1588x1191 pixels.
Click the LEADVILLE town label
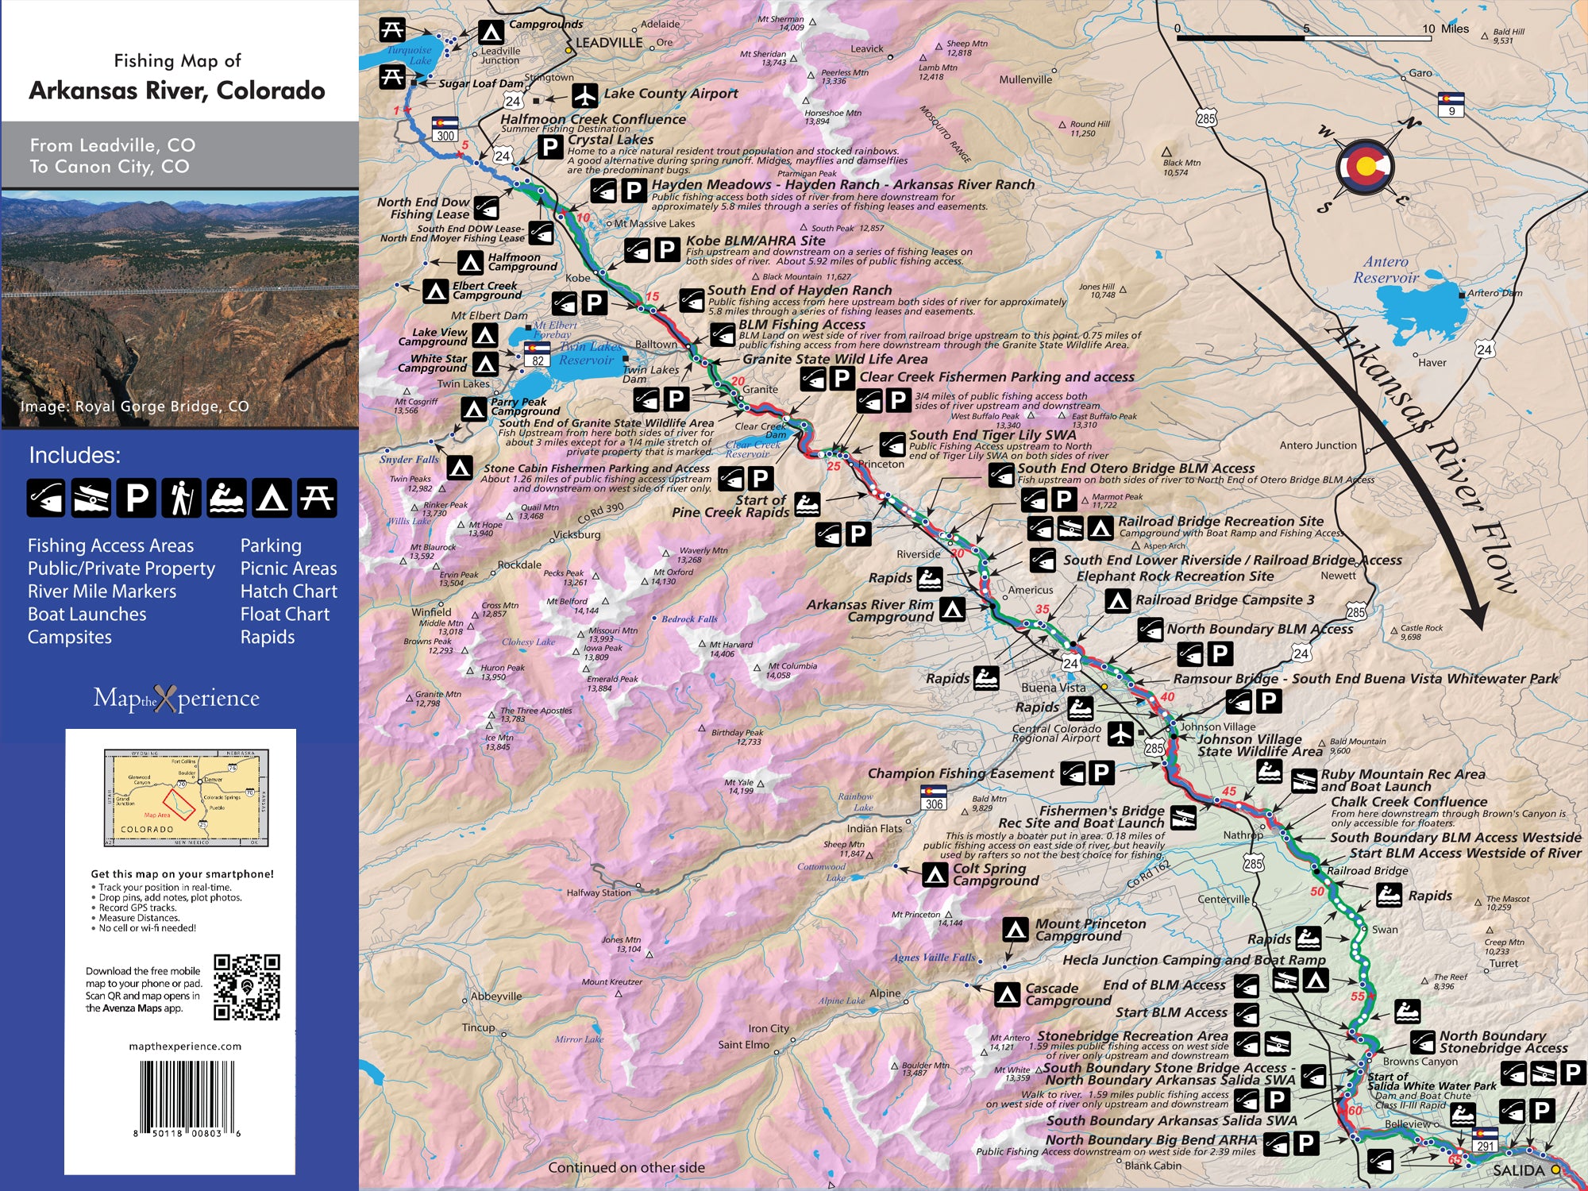click(x=609, y=42)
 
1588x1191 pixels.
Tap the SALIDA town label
click(x=1518, y=1170)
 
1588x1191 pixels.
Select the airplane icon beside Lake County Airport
click(x=585, y=95)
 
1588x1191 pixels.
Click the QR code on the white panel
click(x=247, y=987)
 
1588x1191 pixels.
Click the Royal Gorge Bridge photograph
click(x=179, y=308)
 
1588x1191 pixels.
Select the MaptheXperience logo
click(x=176, y=699)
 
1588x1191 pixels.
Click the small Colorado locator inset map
click(x=187, y=796)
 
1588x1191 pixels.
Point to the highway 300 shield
click(x=445, y=129)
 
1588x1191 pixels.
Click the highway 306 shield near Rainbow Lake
click(x=934, y=798)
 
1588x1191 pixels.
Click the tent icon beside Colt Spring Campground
click(x=935, y=874)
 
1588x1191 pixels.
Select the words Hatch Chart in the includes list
click(x=288, y=592)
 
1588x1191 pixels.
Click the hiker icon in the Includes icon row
click(x=181, y=498)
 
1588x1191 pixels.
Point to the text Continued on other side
click(x=626, y=1167)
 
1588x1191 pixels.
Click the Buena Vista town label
click(x=1053, y=688)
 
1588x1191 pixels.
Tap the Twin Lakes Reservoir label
click(x=589, y=353)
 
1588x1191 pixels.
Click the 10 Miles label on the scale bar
click(x=1445, y=29)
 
